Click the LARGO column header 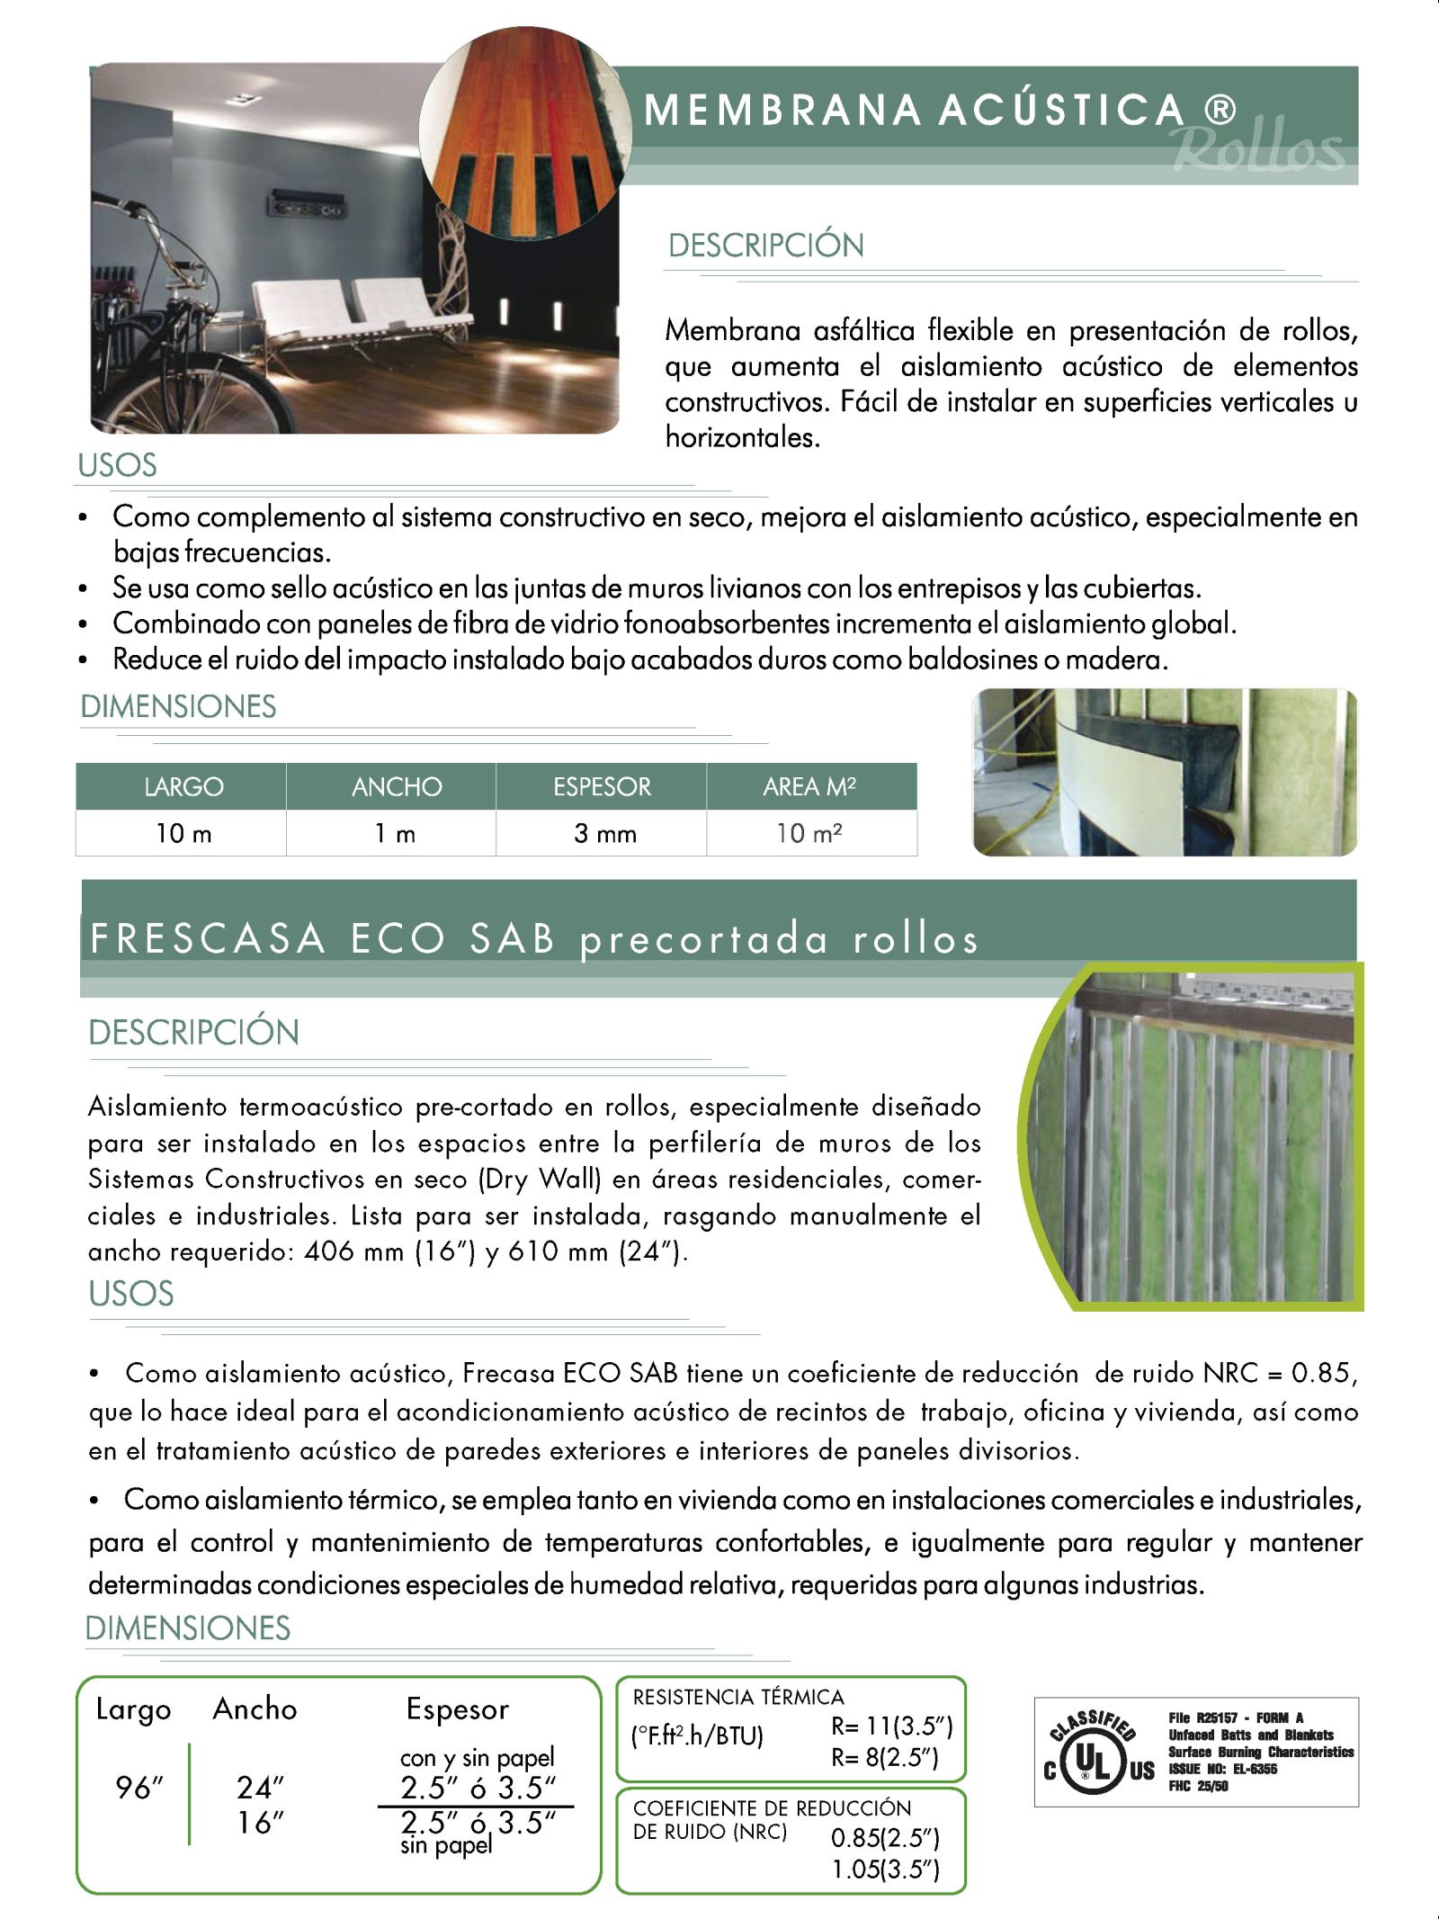(183, 786)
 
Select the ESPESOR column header (602, 786)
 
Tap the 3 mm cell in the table (604, 833)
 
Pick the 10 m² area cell (809, 833)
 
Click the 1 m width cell (395, 833)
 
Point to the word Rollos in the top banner (1259, 148)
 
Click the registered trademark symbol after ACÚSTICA (1220, 110)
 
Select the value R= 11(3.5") (891, 1726)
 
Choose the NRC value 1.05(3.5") (885, 1870)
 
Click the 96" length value (139, 1788)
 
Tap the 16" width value (261, 1823)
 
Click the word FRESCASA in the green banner (208, 938)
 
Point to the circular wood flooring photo (524, 130)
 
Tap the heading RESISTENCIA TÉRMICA (738, 1697)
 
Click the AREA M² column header (809, 786)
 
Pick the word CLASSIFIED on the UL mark (1092, 1724)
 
